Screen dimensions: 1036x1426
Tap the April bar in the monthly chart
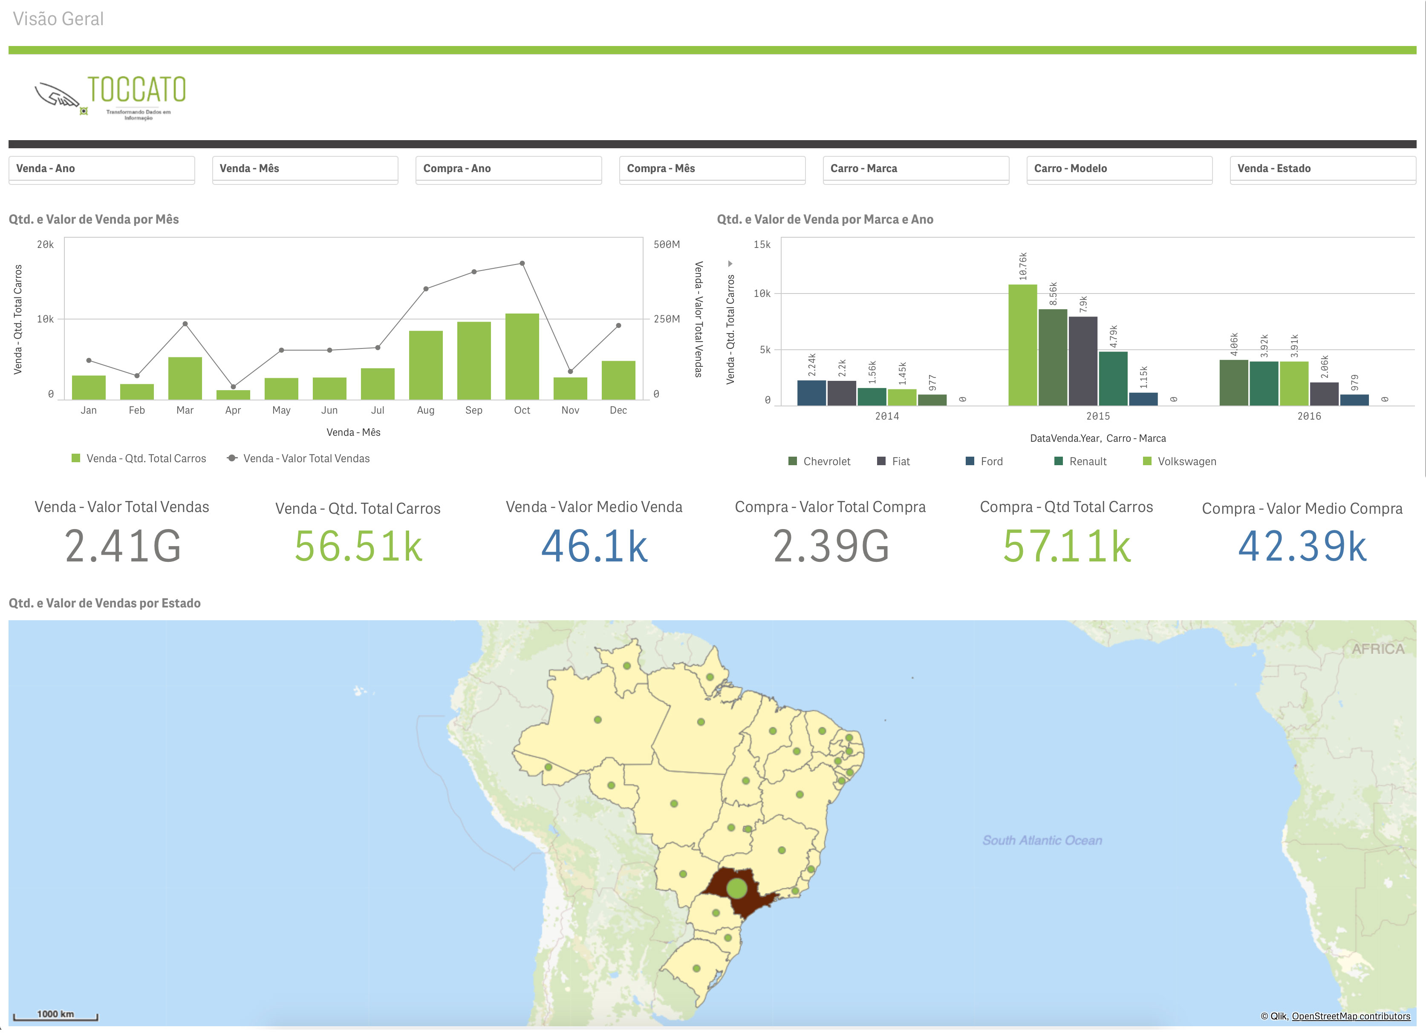point(233,395)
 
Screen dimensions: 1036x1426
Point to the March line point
point(185,324)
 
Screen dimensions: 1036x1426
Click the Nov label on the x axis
point(570,411)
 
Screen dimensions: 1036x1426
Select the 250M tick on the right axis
point(667,319)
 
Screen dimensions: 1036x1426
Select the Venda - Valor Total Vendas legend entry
point(306,459)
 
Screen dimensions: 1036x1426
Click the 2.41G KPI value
point(123,546)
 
